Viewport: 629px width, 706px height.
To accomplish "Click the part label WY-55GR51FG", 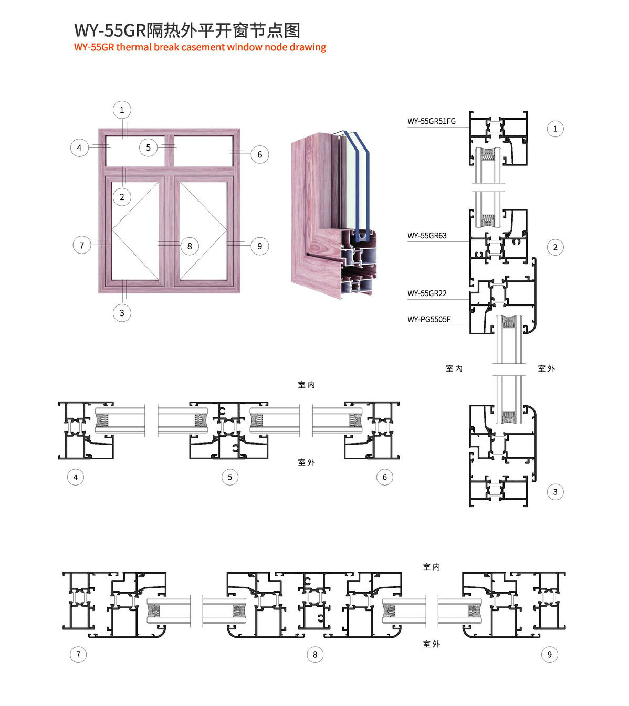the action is coord(431,121).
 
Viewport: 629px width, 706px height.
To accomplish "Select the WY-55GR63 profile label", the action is coord(427,236).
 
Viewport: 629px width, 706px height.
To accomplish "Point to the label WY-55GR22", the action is coord(427,293).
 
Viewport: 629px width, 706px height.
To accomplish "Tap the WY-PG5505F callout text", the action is coord(429,319).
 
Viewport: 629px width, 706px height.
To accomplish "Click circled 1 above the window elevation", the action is coord(122,110).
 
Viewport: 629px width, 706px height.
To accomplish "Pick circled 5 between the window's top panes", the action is coord(148,147).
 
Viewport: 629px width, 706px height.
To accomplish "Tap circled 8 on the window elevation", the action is coord(190,246).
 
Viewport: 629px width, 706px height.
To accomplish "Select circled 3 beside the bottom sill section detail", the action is coord(555,492).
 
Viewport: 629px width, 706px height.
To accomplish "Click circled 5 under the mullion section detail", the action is coord(230,477).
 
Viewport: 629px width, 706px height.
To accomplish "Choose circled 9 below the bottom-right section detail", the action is coord(550,655).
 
